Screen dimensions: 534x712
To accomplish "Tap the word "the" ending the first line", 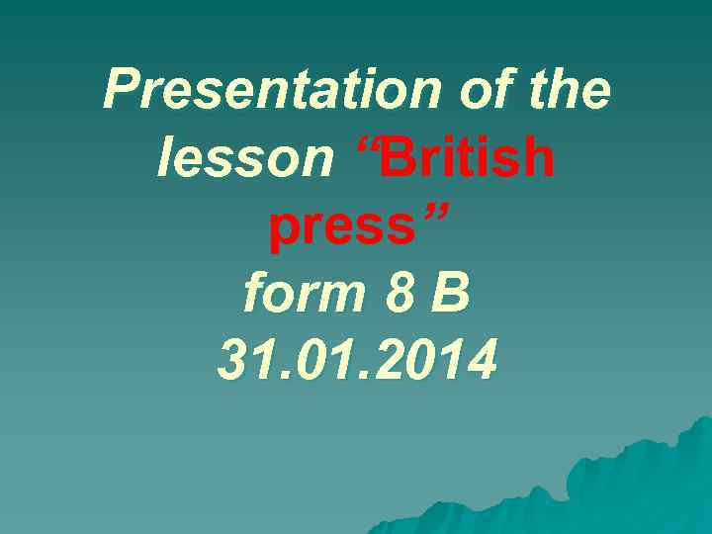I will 569,91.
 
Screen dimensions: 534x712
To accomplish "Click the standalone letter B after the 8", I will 451,294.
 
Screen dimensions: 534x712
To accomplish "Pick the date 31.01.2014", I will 356,361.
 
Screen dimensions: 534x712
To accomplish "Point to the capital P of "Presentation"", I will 122,91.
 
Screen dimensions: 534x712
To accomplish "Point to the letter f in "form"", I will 255,294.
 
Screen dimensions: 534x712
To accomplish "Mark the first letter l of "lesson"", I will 166,158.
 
